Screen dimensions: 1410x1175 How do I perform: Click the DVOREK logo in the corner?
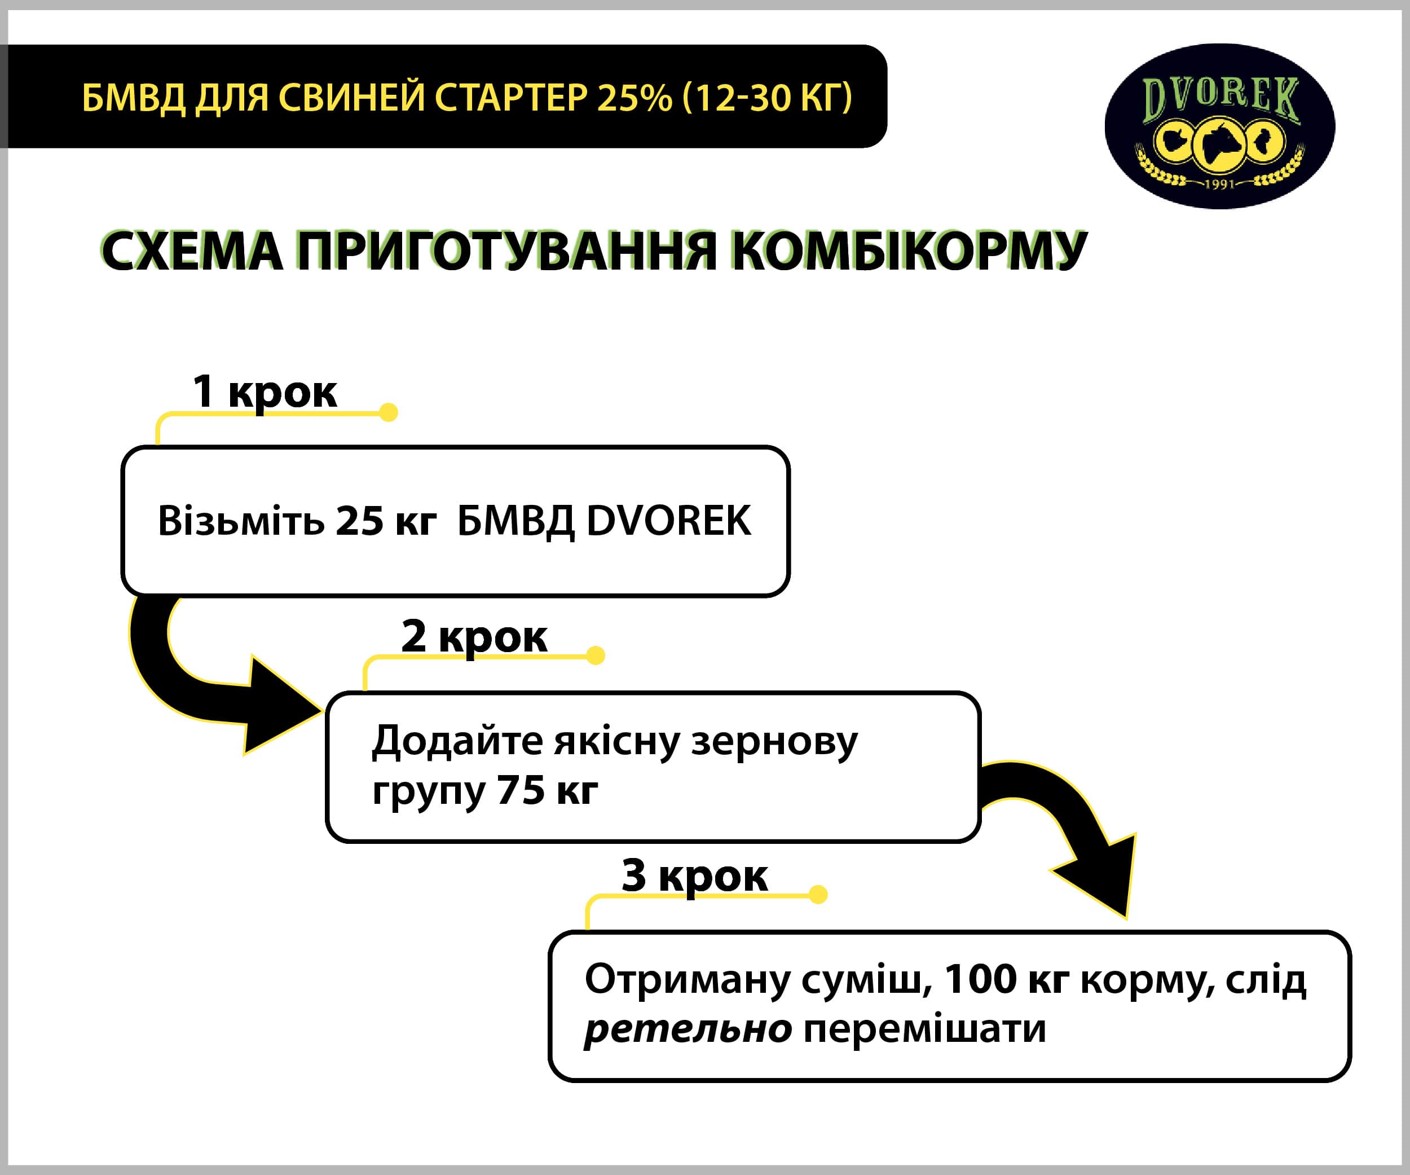tap(1219, 126)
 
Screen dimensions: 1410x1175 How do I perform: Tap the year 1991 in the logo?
tap(1219, 183)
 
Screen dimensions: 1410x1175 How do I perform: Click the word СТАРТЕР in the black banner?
tap(511, 98)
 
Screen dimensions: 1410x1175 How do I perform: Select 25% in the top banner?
tap(634, 98)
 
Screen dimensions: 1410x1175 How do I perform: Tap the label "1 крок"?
tap(265, 391)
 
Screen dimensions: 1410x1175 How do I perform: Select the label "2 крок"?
tap(474, 636)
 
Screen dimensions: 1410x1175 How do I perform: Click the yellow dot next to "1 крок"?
tap(388, 412)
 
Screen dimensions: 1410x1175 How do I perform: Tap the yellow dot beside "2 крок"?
tap(596, 655)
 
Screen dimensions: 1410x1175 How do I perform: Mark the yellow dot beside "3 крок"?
tap(818, 894)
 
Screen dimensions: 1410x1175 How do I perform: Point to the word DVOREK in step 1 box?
tap(669, 521)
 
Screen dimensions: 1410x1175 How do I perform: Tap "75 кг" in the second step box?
tap(547, 790)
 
